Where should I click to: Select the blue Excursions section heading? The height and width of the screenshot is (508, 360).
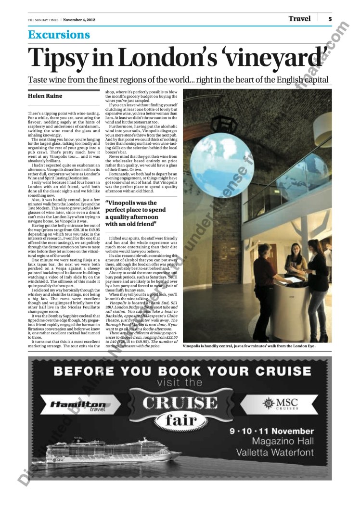(x=59, y=35)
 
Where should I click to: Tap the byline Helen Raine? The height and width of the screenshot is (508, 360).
(x=45, y=96)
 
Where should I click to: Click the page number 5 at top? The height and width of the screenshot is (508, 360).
(x=330, y=19)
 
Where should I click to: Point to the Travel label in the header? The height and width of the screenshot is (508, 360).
(x=299, y=19)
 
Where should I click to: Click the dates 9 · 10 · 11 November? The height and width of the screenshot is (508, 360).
(x=271, y=431)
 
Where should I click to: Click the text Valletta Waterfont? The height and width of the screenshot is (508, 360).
(x=275, y=452)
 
